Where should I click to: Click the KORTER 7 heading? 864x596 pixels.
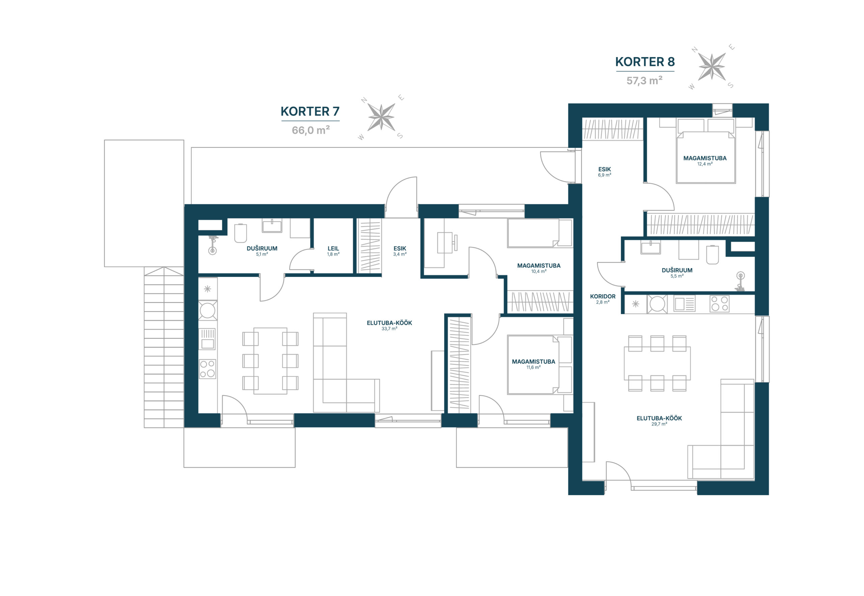[310, 111]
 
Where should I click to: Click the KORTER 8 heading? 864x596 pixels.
[645, 61]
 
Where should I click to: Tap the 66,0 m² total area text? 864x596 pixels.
[310, 130]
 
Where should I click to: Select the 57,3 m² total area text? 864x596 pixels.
[644, 80]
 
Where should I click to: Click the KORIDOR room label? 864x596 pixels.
[602, 296]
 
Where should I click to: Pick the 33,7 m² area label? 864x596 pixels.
[389, 329]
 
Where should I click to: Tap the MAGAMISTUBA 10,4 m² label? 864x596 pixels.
[539, 268]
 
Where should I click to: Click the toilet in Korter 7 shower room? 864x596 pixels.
[240, 233]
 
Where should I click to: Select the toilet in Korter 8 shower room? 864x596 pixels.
[712, 255]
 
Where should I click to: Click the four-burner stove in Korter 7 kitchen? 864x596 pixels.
[207, 369]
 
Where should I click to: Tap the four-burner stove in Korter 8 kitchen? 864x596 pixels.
[719, 304]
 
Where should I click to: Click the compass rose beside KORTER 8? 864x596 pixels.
[711, 67]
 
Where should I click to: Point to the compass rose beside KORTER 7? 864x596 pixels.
[381, 117]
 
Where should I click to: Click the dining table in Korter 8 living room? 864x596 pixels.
[657, 363]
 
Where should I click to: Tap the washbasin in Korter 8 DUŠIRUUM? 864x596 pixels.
[650, 248]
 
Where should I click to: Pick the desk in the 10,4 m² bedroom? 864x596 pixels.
[444, 242]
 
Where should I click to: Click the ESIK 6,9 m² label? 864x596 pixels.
[604, 172]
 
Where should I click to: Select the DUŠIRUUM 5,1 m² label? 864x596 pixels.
[262, 251]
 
